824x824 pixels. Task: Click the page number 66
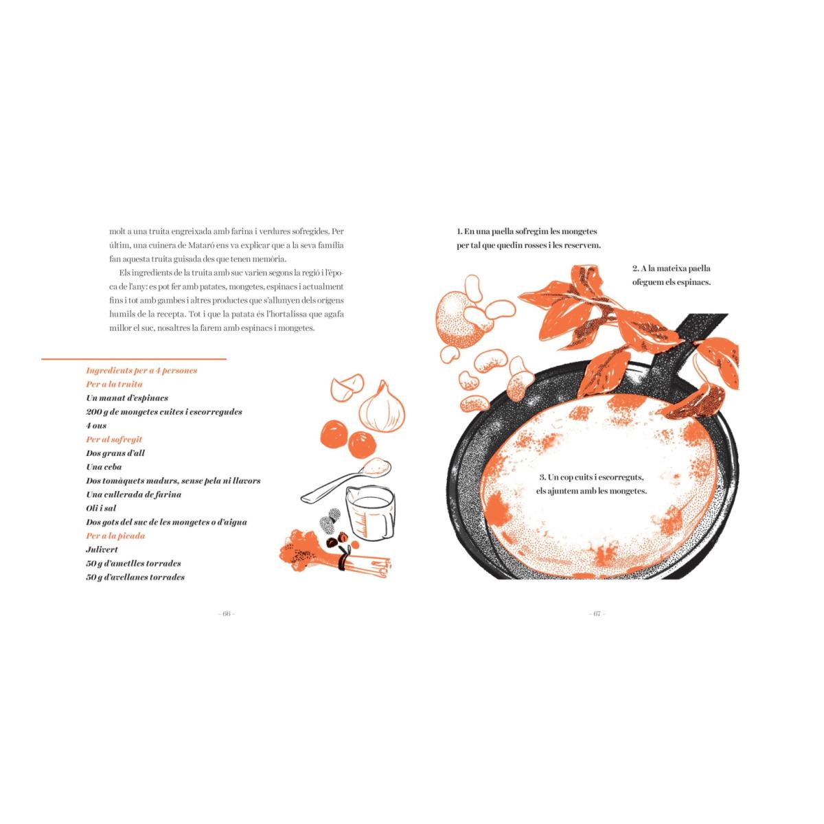tap(227, 614)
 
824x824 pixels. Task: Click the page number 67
tap(597, 614)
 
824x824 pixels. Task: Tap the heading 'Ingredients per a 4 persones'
tap(141, 370)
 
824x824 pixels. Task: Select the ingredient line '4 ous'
tap(96, 426)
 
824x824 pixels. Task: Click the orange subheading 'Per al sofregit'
tap(114, 439)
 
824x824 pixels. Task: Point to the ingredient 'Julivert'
tap(102, 549)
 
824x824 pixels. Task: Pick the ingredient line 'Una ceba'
tap(104, 467)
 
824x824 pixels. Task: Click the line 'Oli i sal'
tap(101, 508)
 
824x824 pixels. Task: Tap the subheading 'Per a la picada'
tap(115, 536)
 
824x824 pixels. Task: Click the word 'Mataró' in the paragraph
tap(201, 245)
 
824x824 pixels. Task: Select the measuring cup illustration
tap(369, 514)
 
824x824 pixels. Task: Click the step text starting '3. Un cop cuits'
tap(591, 483)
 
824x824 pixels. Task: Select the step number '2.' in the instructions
tap(636, 268)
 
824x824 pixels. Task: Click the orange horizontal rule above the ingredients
tap(134, 359)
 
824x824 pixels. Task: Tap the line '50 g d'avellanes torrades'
tap(135, 577)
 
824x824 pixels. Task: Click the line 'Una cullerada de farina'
tap(133, 494)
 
